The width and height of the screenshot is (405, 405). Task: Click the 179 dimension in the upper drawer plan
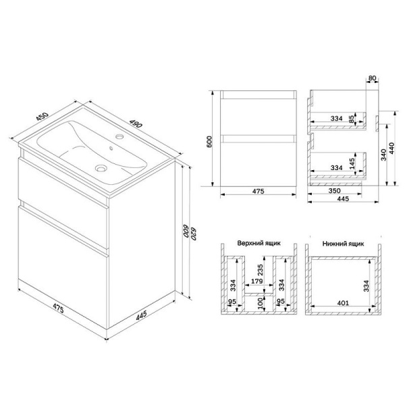[255, 282]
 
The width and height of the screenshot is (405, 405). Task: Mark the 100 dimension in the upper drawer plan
[261, 303]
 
